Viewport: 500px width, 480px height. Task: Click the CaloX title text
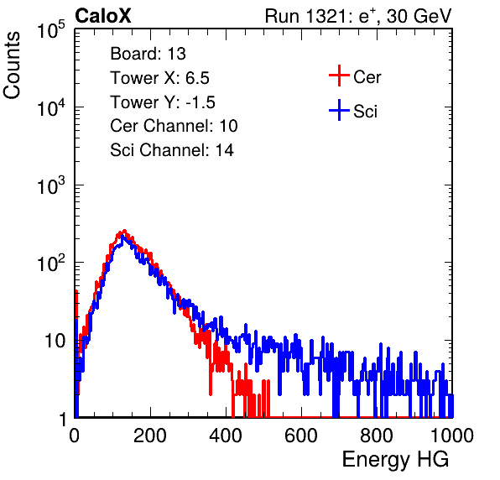point(103,16)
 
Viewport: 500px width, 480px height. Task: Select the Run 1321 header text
point(358,17)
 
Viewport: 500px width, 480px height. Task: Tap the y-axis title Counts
point(12,65)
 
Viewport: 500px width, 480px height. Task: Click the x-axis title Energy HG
point(395,460)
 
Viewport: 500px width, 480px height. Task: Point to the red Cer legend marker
point(339,76)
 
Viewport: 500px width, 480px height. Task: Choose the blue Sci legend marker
point(339,111)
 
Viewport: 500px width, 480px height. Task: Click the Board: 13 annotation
point(148,54)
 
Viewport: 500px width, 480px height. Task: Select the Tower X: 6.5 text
point(159,78)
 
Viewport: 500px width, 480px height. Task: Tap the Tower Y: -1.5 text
point(163,102)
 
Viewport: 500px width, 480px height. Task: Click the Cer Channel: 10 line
point(174,126)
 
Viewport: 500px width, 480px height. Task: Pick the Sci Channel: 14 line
point(172,150)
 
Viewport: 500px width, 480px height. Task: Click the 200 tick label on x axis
point(150,436)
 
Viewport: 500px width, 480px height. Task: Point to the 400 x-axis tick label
point(226,436)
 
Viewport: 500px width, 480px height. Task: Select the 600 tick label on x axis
point(301,436)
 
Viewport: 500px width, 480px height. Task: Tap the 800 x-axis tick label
point(377,436)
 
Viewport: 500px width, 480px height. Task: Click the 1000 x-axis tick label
point(452,436)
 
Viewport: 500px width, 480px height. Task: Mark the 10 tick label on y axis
point(55,341)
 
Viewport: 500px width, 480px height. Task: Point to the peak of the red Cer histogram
point(124,230)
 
